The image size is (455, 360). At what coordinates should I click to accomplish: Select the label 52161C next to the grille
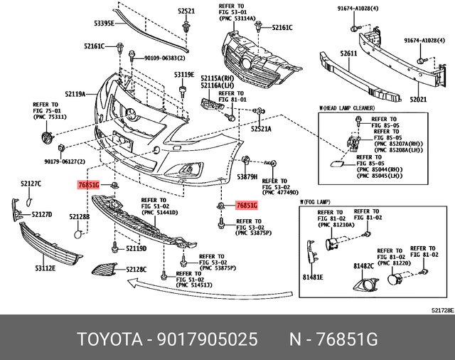[x=282, y=28]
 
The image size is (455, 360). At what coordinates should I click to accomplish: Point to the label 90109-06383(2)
[x=155, y=58]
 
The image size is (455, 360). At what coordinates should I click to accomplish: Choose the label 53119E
[x=183, y=74]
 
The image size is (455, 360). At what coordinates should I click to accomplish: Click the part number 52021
[x=418, y=100]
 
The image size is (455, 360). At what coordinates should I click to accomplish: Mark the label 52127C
[x=30, y=184]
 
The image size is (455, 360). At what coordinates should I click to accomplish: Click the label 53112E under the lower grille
[x=45, y=268]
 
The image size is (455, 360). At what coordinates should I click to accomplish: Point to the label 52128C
[x=136, y=270]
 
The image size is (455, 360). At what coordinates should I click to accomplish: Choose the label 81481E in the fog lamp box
[x=313, y=277]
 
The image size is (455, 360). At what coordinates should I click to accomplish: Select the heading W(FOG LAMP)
[x=316, y=203]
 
